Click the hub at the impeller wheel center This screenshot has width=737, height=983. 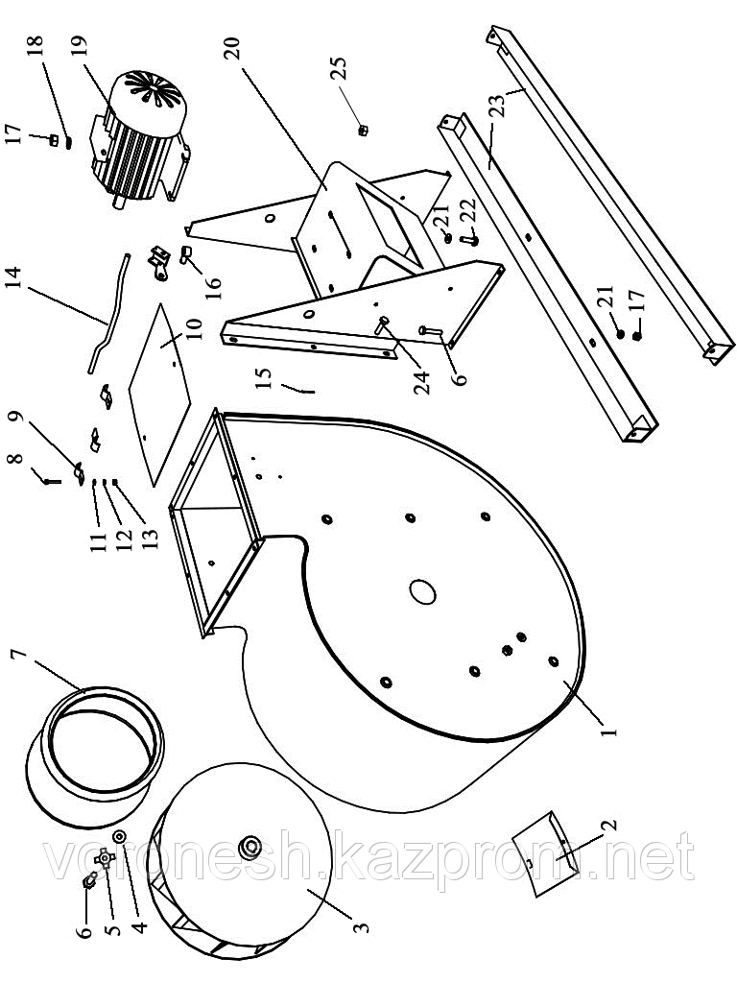[x=253, y=846]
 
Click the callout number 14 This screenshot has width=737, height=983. [x=12, y=284]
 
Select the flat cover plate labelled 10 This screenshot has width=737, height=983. [x=158, y=384]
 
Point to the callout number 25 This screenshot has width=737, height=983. [x=339, y=70]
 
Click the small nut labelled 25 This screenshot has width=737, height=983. [x=364, y=129]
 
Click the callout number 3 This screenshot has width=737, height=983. [x=360, y=929]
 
